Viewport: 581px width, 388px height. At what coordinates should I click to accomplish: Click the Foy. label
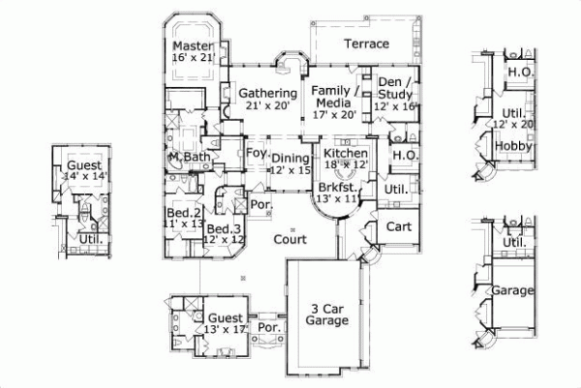[x=256, y=154]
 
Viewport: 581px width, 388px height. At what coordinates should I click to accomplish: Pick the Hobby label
[x=510, y=145]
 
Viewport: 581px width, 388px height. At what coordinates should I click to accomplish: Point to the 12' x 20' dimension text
[x=514, y=124]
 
